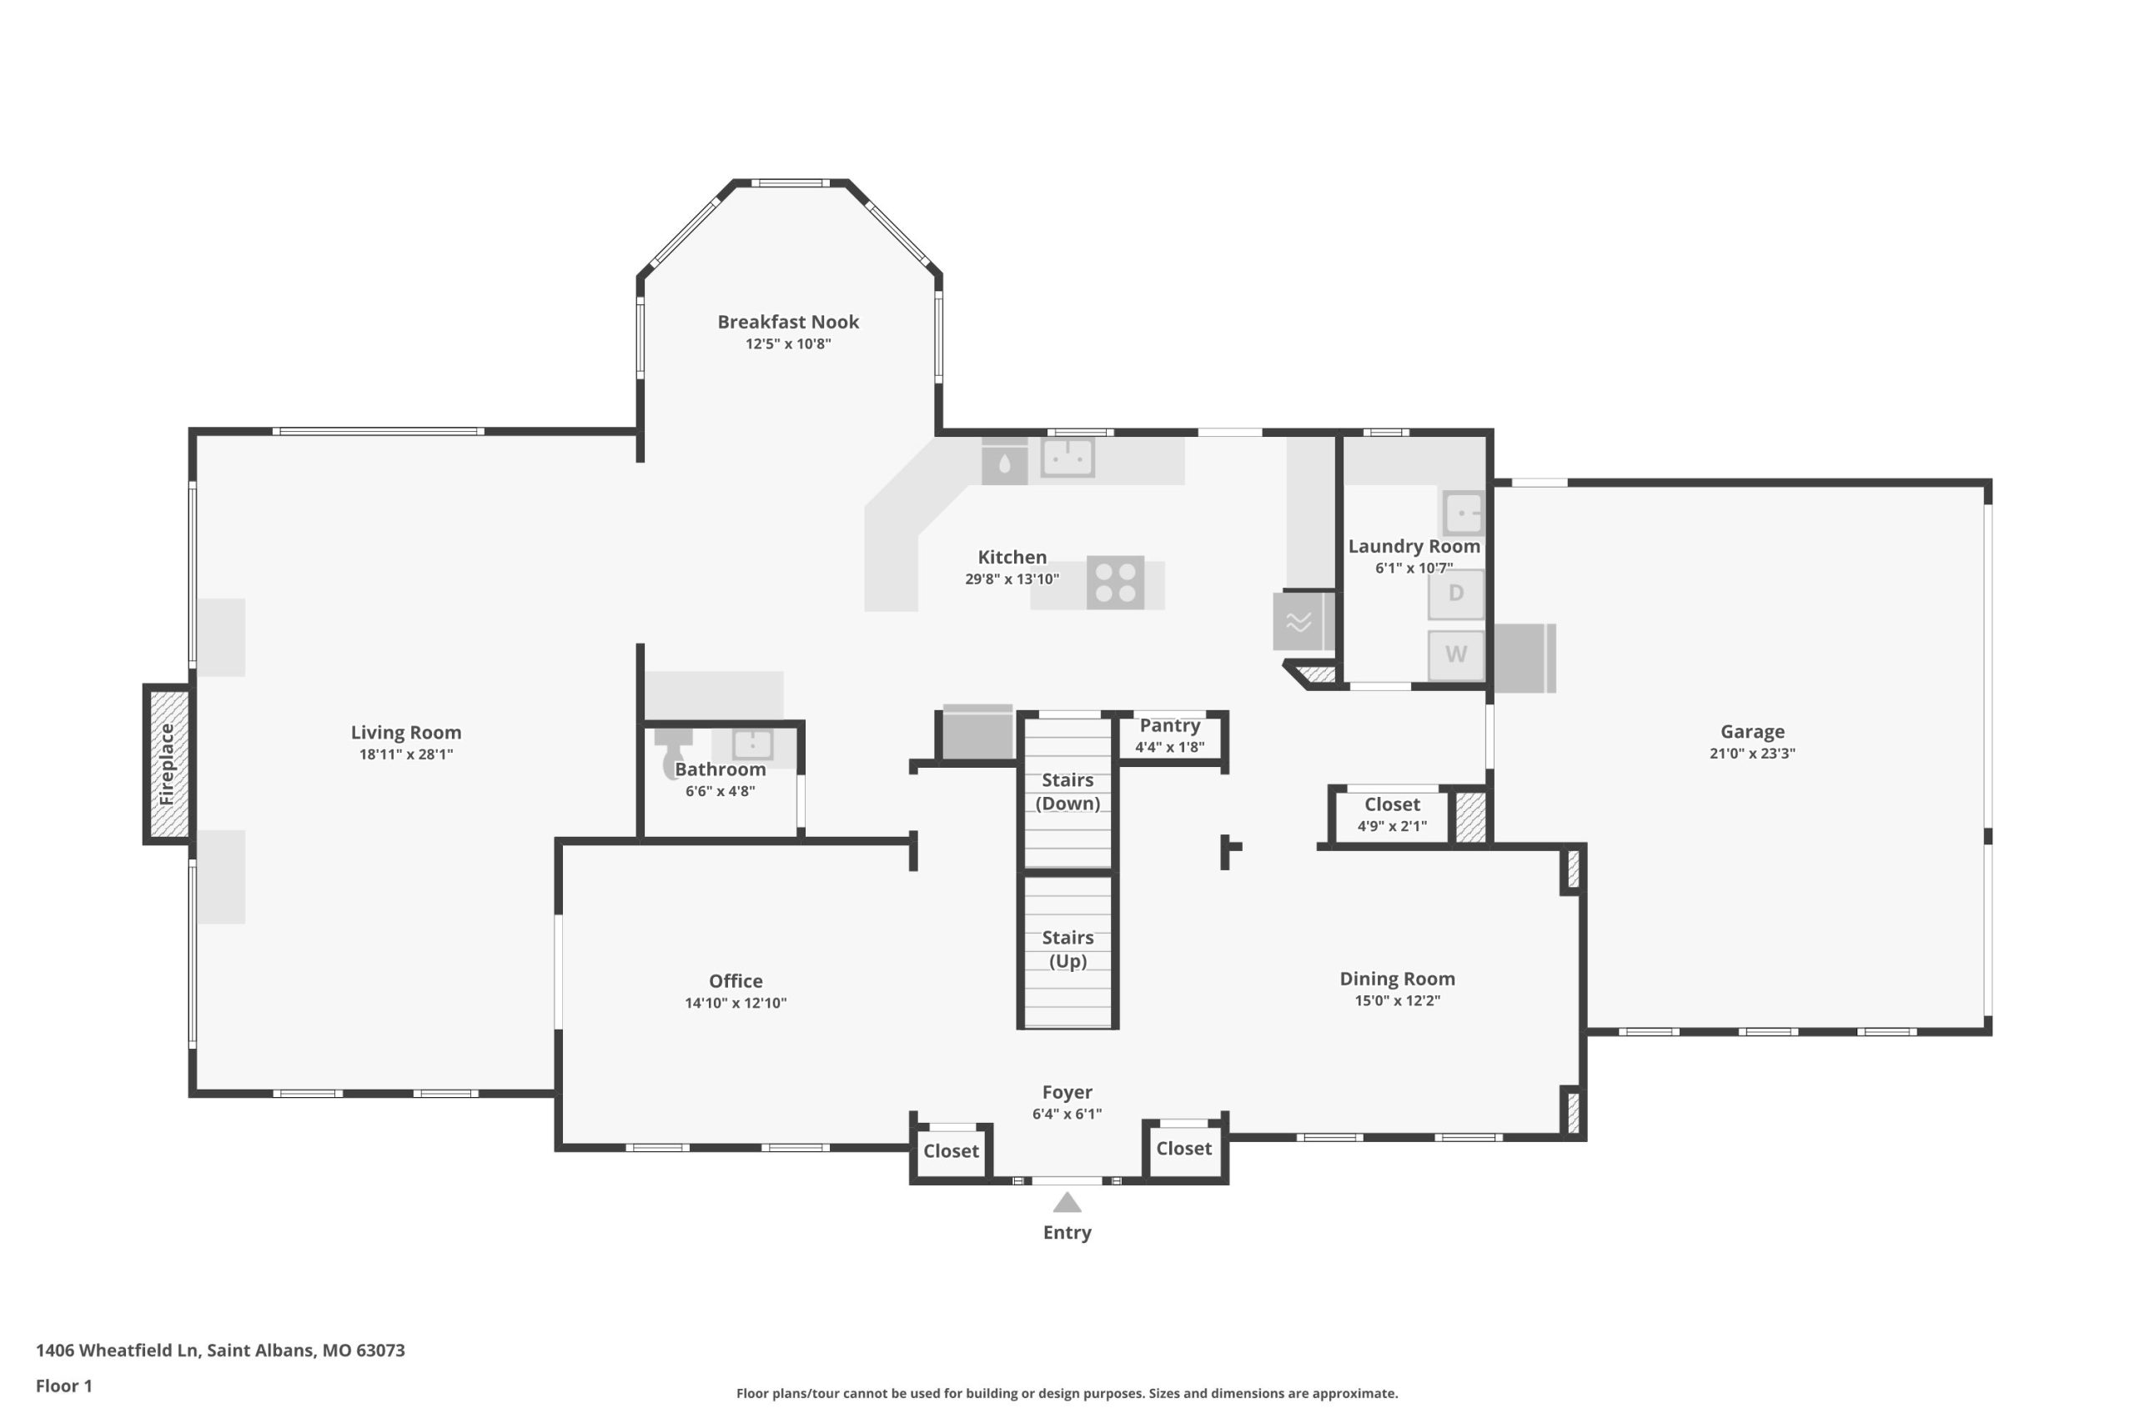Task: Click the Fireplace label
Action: (x=166, y=764)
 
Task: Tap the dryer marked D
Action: (x=1456, y=594)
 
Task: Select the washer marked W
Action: (x=1456, y=654)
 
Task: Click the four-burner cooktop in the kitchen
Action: (x=1116, y=583)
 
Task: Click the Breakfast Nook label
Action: (x=788, y=321)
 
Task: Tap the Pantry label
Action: (x=1169, y=725)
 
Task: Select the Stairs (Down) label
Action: (x=1067, y=791)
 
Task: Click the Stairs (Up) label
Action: (x=1067, y=949)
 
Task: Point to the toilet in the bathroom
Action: (x=674, y=751)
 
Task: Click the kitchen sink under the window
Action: (x=1067, y=458)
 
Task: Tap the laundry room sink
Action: (x=1464, y=514)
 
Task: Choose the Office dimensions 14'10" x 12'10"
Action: (x=736, y=1003)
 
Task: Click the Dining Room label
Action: (x=1397, y=979)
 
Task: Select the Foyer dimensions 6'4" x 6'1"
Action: (x=1067, y=1114)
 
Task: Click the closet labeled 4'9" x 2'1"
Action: (x=1392, y=814)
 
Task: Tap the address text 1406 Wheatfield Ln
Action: (x=116, y=1350)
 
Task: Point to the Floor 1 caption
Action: (x=63, y=1385)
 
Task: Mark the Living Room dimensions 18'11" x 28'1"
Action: (x=406, y=754)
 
